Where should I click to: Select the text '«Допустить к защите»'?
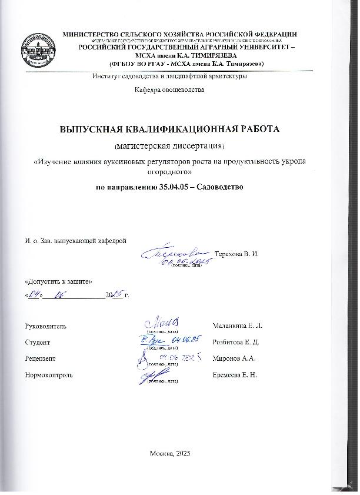[x=50, y=282]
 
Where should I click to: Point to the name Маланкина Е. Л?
[x=234, y=325]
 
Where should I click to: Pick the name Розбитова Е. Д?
[x=235, y=342]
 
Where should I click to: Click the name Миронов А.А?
[x=231, y=358]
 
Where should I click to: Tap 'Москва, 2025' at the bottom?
[x=171, y=452]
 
